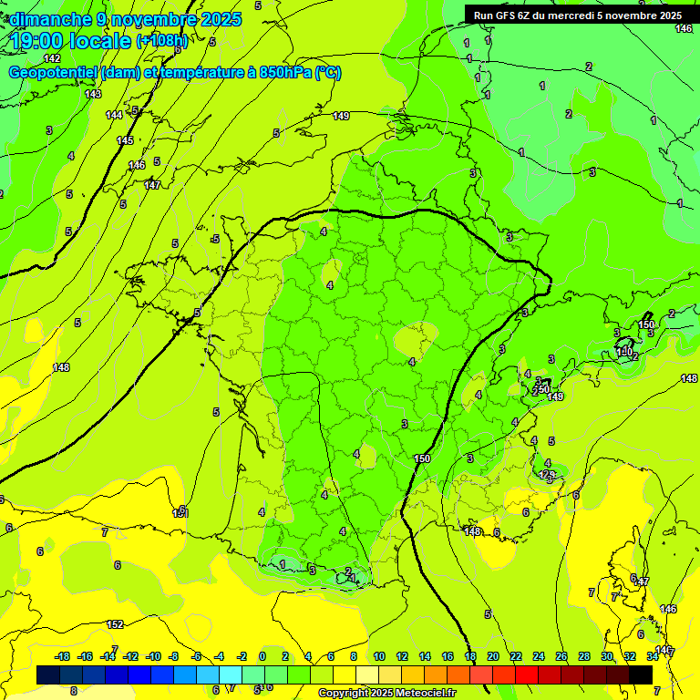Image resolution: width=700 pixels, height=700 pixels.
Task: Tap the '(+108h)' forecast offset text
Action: tap(161, 41)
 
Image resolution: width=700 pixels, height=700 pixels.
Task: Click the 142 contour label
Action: tap(52, 58)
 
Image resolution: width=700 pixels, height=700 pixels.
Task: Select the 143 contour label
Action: tap(93, 94)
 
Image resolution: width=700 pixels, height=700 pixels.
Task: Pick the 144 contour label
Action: tap(114, 115)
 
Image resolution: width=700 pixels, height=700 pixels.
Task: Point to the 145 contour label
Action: tap(125, 140)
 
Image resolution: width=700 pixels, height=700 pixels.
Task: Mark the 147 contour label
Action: tap(152, 185)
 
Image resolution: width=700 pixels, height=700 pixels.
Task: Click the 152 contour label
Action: tap(115, 624)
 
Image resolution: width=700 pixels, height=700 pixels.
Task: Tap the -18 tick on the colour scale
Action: tap(62, 656)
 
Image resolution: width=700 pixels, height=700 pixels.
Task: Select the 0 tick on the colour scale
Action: tap(262, 656)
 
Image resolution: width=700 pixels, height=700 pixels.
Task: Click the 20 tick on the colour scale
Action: tap(492, 656)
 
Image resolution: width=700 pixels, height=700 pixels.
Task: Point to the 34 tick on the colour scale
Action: tap(652, 656)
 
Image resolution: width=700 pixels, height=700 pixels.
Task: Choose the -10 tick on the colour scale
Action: tap(152, 656)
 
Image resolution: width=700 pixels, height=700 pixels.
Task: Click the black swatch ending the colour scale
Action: tap(641, 674)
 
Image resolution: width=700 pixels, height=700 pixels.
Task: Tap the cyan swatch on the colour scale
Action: tap(231, 674)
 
